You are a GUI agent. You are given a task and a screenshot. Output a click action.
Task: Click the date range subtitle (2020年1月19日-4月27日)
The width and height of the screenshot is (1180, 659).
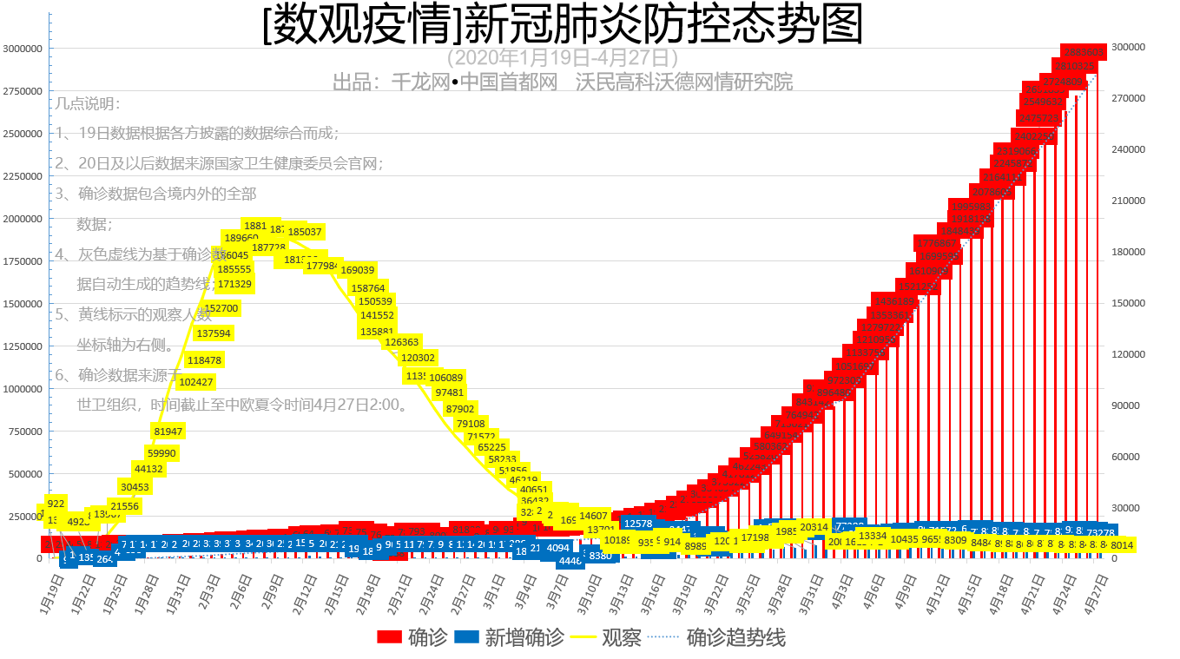pos(563,58)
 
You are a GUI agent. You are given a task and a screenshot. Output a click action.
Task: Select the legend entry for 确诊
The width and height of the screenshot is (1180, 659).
pos(413,638)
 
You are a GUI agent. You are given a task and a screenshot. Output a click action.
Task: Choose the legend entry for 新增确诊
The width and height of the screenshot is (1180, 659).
pos(510,638)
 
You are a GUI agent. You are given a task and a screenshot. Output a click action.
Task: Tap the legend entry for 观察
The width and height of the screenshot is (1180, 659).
pos(607,638)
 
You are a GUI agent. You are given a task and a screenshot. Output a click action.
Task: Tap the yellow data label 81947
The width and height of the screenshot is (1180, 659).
pos(168,432)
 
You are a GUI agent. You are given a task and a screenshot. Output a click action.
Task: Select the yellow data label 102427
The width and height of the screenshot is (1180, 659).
pos(196,382)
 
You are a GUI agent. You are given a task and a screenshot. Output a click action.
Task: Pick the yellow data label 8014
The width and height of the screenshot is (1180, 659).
pos(1122,545)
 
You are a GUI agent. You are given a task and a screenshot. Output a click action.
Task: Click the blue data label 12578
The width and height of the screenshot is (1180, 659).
pos(638,524)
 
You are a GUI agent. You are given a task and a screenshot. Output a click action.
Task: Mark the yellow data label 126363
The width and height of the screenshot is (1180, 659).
pos(402,342)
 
